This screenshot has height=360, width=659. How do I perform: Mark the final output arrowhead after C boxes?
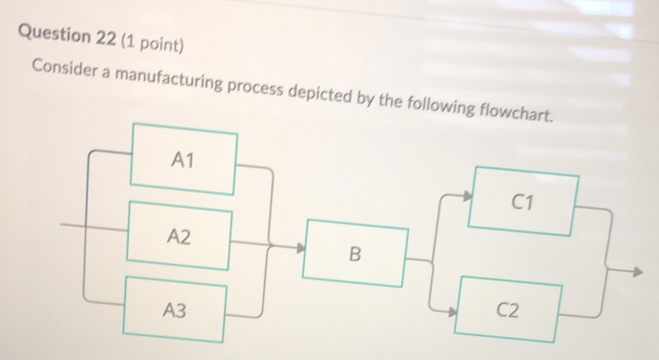click(x=636, y=272)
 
